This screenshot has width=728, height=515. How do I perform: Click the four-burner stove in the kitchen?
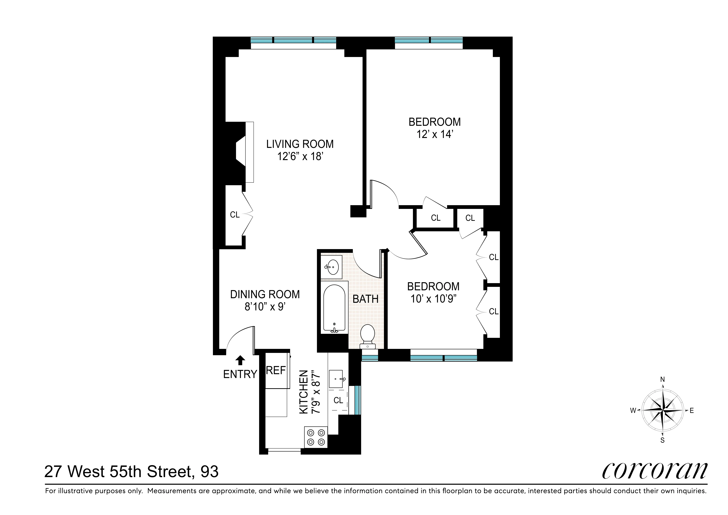[316, 437]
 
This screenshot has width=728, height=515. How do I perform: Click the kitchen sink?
[336, 379]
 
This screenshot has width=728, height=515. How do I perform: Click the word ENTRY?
[240, 374]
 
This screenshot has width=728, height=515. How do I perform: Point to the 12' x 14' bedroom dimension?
[434, 134]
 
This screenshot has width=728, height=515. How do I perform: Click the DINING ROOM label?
[265, 294]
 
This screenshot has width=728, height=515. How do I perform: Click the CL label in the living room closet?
[235, 215]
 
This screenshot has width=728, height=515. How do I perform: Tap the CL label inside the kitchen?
[338, 400]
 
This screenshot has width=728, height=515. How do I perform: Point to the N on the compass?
[662, 379]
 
